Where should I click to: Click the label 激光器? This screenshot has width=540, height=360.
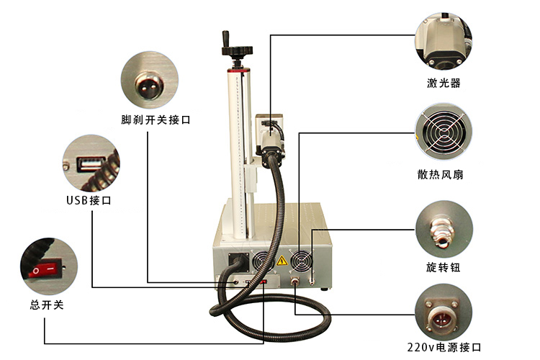pyautogui.click(x=444, y=84)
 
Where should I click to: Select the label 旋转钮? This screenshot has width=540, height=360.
pyautogui.click(x=443, y=268)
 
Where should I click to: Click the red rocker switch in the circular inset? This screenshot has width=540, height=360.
pyautogui.click(x=43, y=271)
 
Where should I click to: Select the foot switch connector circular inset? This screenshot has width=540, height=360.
pyautogui.click(x=149, y=78)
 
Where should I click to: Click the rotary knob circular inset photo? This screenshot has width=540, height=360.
pyautogui.click(x=444, y=229)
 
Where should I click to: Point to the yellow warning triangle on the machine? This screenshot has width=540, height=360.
pyautogui.click(x=283, y=261)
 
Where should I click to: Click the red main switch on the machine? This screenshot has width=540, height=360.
pyautogui.click(x=264, y=282)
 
